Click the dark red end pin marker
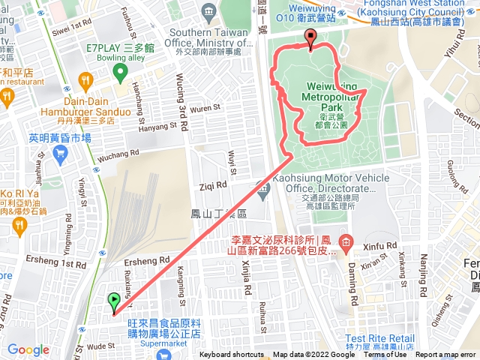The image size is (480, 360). pos(310,38)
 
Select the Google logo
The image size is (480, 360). pos(28,349)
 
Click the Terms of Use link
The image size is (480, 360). pos(385,355)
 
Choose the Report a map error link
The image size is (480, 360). pos(447,355)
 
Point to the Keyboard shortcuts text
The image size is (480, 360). pos(231,355)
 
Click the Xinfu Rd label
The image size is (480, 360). pos(378,246)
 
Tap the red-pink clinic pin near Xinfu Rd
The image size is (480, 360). pos(345,241)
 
